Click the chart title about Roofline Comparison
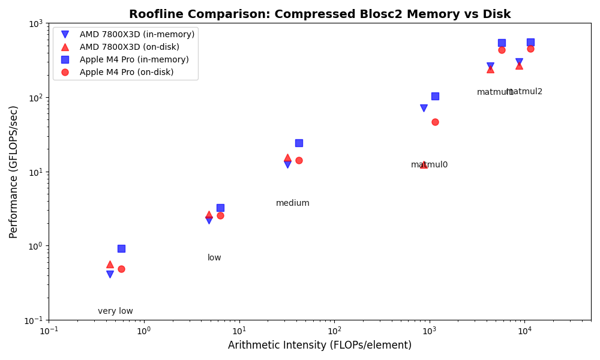click(x=320, y=14)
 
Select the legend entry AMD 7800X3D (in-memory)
click(x=137, y=35)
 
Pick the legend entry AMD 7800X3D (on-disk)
click(x=129, y=47)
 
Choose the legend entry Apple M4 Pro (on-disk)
click(x=126, y=72)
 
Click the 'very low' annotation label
click(x=115, y=311)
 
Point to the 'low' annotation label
click(x=214, y=258)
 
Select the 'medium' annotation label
click(x=293, y=203)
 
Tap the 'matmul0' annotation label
click(x=429, y=165)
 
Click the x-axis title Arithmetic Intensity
click(x=320, y=346)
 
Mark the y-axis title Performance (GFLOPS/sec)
click(x=14, y=172)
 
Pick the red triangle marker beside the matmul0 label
click(x=424, y=164)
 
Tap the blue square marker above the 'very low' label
click(x=121, y=248)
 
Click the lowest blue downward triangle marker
click(x=110, y=274)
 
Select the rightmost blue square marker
click(x=530, y=42)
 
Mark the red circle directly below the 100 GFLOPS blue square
click(x=435, y=122)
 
